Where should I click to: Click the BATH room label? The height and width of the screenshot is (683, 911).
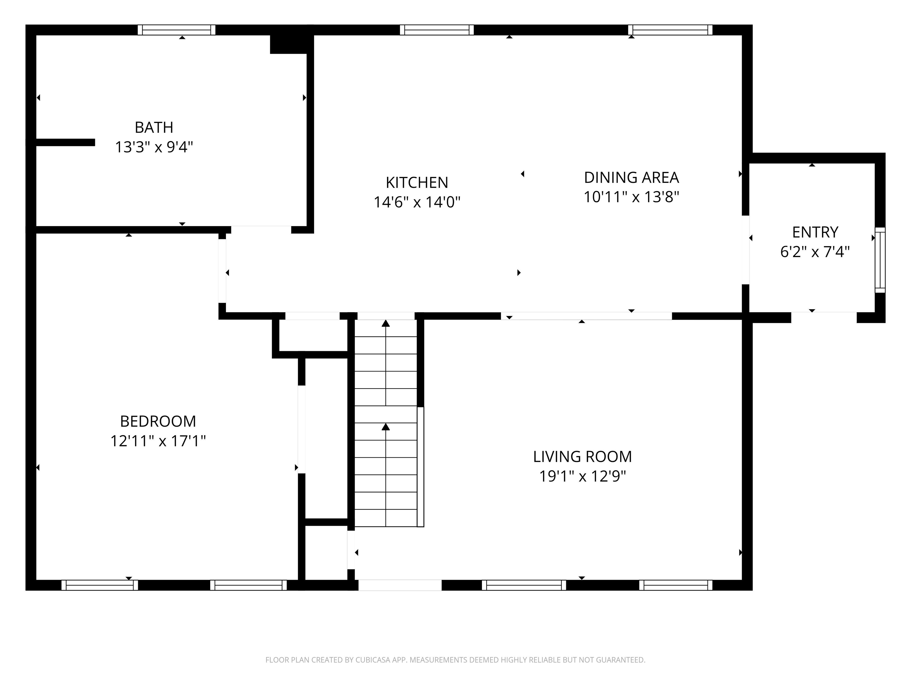coord(154,128)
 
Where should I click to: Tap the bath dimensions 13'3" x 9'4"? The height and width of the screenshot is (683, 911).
coord(154,147)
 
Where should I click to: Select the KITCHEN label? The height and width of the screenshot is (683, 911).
coord(417,182)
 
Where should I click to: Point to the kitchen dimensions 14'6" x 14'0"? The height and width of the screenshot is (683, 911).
coord(417,202)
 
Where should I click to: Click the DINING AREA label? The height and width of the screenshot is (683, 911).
coord(631,178)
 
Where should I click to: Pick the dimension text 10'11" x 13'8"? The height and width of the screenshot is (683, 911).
coord(631,197)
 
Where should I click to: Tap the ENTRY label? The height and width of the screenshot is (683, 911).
coord(815,232)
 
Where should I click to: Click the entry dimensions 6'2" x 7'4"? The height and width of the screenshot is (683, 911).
coord(815,252)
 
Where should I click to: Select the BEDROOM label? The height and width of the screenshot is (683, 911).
coord(158,421)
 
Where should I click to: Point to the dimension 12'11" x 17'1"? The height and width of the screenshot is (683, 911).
coord(158,441)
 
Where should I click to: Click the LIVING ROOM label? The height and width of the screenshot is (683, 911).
coord(582,457)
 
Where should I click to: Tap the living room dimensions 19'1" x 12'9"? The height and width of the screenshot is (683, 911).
coord(582,476)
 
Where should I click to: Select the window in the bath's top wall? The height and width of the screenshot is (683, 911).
coord(176,30)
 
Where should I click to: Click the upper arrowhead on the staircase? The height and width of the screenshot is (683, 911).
coord(386,324)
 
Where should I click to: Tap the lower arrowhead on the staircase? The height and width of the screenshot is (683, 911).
coord(386,427)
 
